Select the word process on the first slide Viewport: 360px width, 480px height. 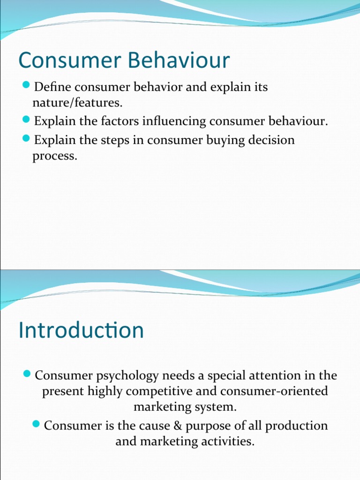point(53,156)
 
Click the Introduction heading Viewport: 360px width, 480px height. point(81,330)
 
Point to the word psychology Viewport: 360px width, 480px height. point(117,376)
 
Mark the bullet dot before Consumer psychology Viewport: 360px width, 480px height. point(27,375)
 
